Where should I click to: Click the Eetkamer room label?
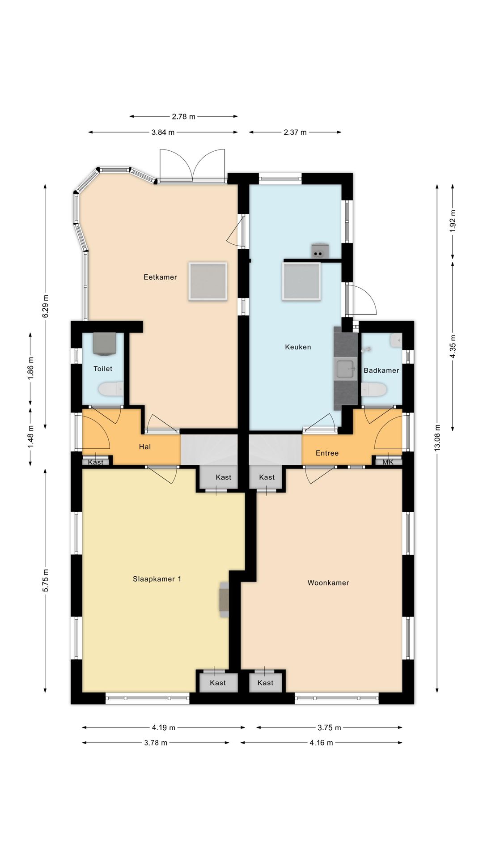160,277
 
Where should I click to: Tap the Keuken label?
298,347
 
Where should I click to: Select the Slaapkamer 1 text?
157,579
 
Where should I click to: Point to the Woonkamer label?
328,583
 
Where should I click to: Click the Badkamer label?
381,370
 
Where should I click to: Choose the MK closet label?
388,462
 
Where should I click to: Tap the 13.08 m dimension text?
437,438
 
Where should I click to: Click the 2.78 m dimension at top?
183,117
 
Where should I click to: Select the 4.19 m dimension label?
163,727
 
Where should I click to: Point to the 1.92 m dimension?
453,221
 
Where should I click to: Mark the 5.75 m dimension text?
45,581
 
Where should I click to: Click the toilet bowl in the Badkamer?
373,390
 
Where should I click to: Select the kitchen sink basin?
345,370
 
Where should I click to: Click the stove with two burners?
320,251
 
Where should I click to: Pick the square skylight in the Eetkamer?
208,281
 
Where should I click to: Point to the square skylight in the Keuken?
301,281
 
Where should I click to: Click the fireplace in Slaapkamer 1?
224,600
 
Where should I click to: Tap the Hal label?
144,447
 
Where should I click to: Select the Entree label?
327,453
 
